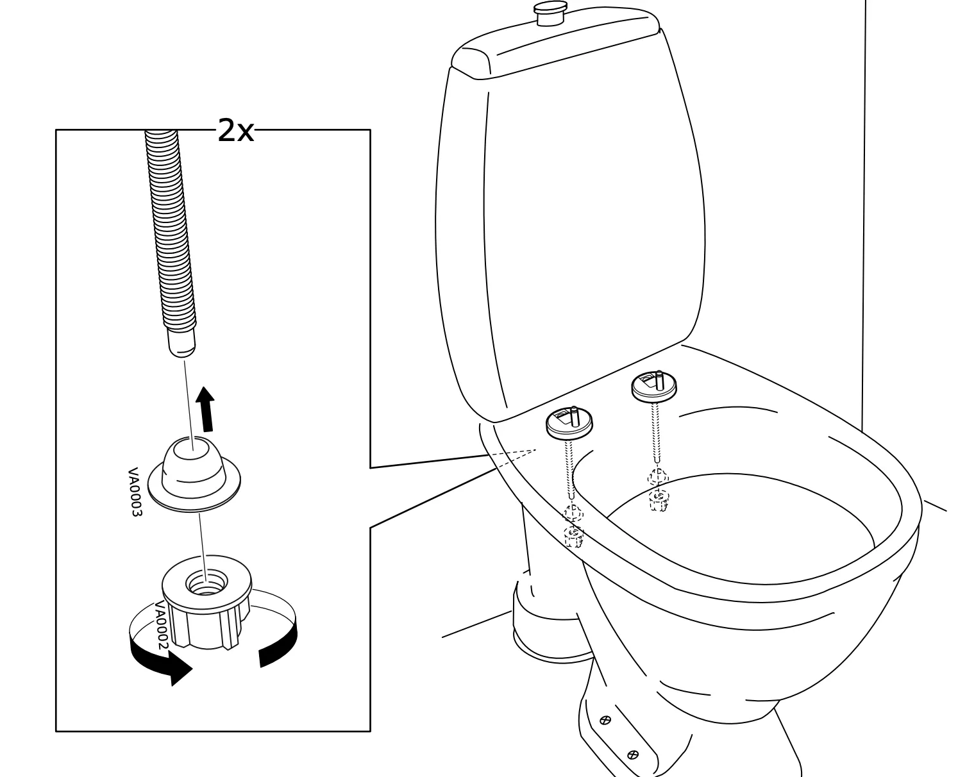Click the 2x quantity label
coord(235,131)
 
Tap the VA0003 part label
coord(134,492)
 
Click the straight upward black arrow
coord(206,410)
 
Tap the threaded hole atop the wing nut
coord(205,583)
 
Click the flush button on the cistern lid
coord(551,13)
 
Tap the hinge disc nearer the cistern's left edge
coord(569,422)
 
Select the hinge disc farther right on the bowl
coord(654,386)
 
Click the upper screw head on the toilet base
coord(605,721)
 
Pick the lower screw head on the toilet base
coord(633,755)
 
